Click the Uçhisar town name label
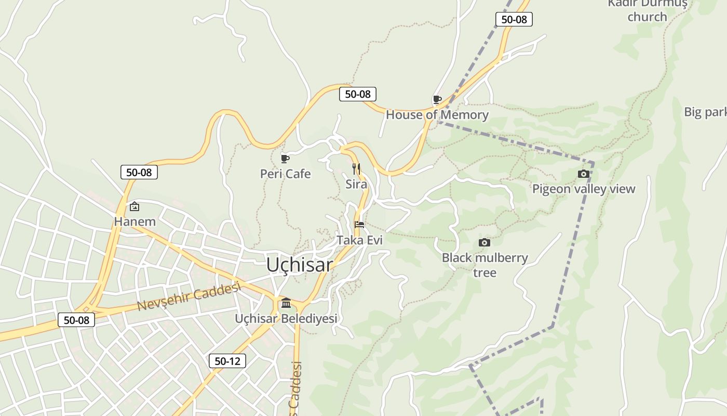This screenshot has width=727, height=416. [x=299, y=265]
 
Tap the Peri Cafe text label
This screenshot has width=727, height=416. [x=285, y=174]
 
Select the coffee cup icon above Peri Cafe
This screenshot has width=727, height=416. [x=285, y=159]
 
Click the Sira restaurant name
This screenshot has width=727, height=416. [x=356, y=184]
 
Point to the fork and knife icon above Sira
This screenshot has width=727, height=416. [x=356, y=168]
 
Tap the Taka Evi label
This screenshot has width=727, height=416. [x=359, y=240]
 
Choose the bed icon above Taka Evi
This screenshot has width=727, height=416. [x=359, y=225]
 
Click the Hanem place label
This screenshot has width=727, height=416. [x=134, y=222]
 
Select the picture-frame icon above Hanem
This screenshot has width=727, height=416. [x=134, y=206]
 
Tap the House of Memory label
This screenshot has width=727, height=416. [x=437, y=115]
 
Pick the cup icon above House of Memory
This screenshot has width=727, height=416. [x=437, y=99]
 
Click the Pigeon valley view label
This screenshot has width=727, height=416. [x=584, y=189]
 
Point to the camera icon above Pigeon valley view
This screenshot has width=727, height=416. [x=583, y=174]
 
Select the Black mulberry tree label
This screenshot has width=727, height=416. [x=484, y=265]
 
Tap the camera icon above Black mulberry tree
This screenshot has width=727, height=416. [x=484, y=242]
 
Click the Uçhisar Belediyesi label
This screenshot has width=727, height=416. [x=286, y=318]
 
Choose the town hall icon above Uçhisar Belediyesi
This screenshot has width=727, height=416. [x=286, y=303]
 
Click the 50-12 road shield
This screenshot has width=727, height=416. [x=227, y=361]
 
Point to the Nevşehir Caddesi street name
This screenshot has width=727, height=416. [x=190, y=297]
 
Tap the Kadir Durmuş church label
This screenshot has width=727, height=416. [x=647, y=10]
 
